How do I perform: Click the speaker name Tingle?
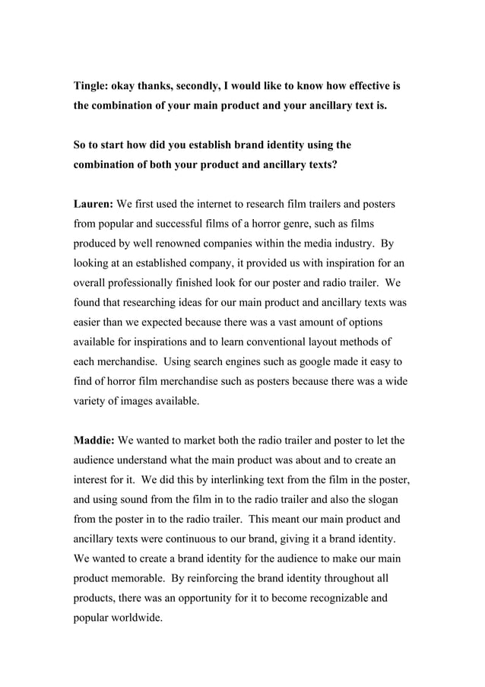(x=90, y=86)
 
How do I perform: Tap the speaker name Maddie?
(x=94, y=440)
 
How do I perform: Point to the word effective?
(x=357, y=86)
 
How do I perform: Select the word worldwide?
(x=136, y=618)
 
